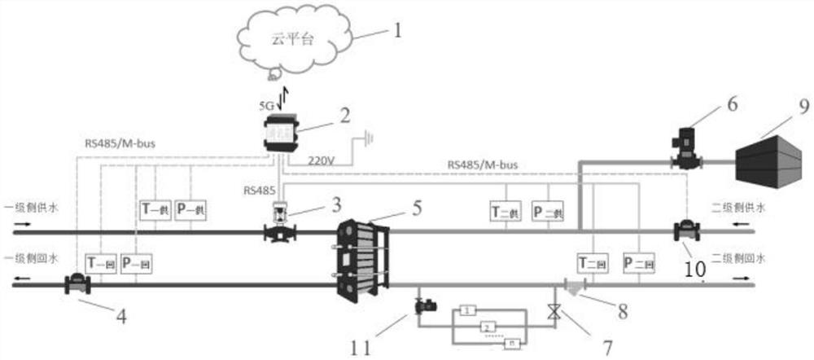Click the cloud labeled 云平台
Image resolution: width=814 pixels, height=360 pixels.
click(293, 40)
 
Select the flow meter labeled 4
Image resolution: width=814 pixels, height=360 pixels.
click(77, 284)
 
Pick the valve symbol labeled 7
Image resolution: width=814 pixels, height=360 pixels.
click(554, 311)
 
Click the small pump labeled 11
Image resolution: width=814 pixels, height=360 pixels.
click(424, 307)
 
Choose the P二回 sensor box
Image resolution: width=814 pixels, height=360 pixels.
click(638, 262)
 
